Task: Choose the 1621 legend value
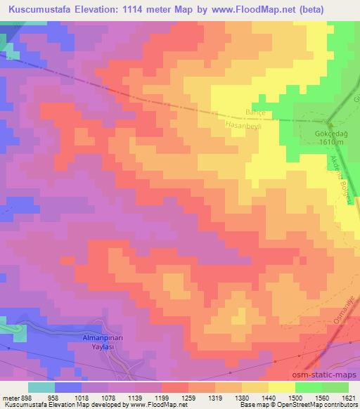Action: pos(349,397)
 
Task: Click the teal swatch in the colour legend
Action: pos(41,387)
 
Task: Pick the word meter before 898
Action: pos(10,397)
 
